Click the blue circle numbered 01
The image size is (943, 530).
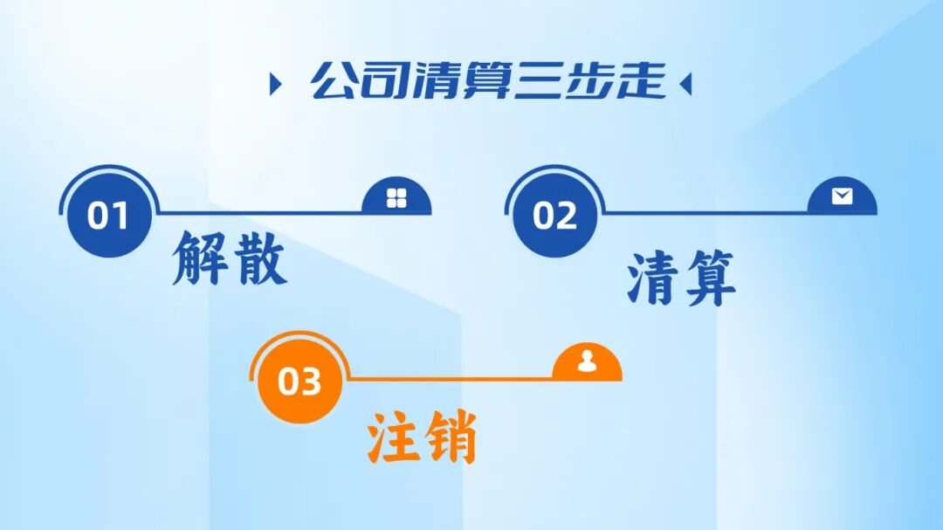click(108, 216)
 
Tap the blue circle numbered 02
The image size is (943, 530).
click(555, 216)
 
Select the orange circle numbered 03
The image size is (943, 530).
click(299, 382)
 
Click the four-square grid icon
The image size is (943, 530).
click(396, 198)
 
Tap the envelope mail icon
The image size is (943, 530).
click(842, 196)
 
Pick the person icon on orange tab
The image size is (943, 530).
click(587, 361)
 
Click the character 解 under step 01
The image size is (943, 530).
click(200, 258)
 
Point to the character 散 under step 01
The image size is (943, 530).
click(258, 258)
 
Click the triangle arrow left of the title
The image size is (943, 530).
click(276, 85)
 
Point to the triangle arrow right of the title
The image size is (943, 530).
click(685, 85)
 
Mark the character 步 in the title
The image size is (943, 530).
click(589, 81)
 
